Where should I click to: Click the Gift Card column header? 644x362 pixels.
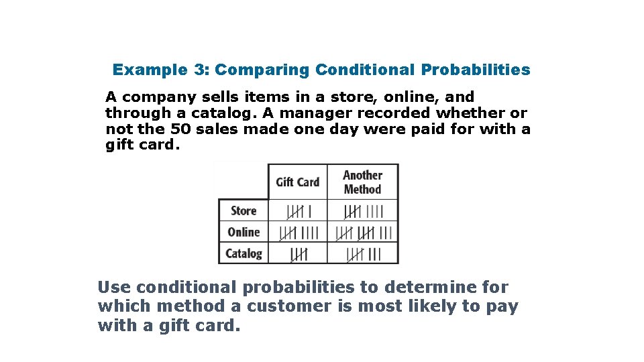point(297,182)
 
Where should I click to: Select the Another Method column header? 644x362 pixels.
point(362,182)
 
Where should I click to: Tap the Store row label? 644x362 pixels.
point(244,210)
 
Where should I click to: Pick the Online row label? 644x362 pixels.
point(244,232)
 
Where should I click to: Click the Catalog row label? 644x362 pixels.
point(244,253)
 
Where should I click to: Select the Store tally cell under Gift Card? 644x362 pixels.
point(298,211)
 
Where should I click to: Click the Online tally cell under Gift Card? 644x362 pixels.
point(298,233)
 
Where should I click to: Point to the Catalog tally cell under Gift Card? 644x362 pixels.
point(298,254)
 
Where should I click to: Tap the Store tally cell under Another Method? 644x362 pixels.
point(363,211)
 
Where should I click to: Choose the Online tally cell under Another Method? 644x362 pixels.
point(363,233)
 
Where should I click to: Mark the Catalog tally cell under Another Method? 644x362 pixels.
point(363,254)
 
